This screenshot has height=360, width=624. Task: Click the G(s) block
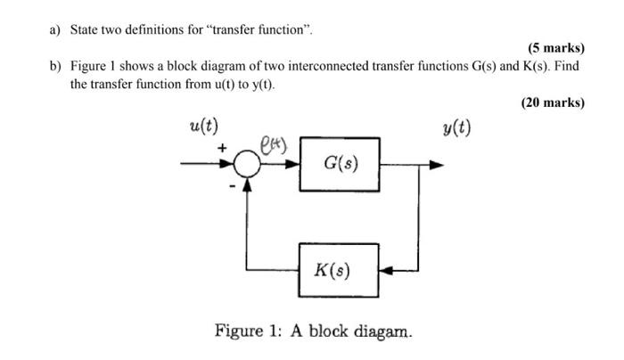click(x=340, y=163)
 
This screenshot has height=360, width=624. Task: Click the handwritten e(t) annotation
click(x=272, y=143)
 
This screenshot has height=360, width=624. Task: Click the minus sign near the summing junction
click(x=234, y=186)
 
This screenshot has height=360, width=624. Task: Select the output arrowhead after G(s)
click(x=435, y=164)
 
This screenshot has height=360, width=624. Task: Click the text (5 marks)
click(x=554, y=47)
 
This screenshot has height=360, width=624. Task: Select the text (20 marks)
click(x=552, y=102)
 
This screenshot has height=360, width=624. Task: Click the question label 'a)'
click(x=55, y=30)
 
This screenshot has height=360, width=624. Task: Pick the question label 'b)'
click(x=55, y=68)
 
